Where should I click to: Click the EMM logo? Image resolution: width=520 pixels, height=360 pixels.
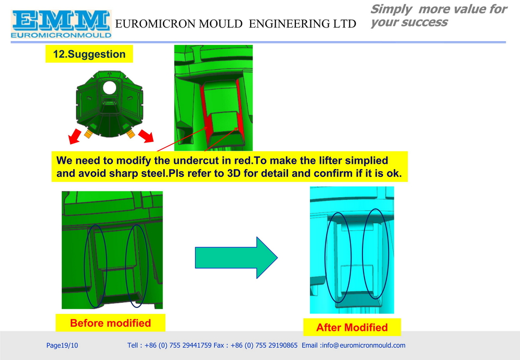(x=61, y=24)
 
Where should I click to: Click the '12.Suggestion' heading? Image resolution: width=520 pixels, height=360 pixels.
(x=89, y=54)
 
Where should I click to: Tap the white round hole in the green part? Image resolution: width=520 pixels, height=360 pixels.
(x=109, y=87)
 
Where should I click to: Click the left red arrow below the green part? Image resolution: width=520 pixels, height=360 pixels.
(x=75, y=136)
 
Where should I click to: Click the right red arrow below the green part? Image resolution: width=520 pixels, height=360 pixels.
(x=146, y=136)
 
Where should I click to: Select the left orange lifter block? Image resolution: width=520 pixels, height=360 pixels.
(x=88, y=134)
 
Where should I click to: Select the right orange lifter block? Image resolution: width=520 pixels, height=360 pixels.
(x=131, y=133)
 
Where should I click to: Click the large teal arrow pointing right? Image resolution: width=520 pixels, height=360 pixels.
(x=236, y=258)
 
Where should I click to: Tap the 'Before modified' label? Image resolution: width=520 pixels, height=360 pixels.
(x=110, y=323)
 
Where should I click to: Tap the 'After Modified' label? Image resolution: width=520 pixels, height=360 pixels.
(x=352, y=327)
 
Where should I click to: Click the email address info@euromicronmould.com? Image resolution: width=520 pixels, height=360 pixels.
(x=363, y=345)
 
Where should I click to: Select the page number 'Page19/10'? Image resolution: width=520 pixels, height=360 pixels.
(x=62, y=345)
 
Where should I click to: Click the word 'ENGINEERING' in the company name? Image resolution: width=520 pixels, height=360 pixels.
(x=288, y=24)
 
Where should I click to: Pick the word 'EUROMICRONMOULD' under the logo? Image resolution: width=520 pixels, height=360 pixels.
(x=61, y=35)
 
